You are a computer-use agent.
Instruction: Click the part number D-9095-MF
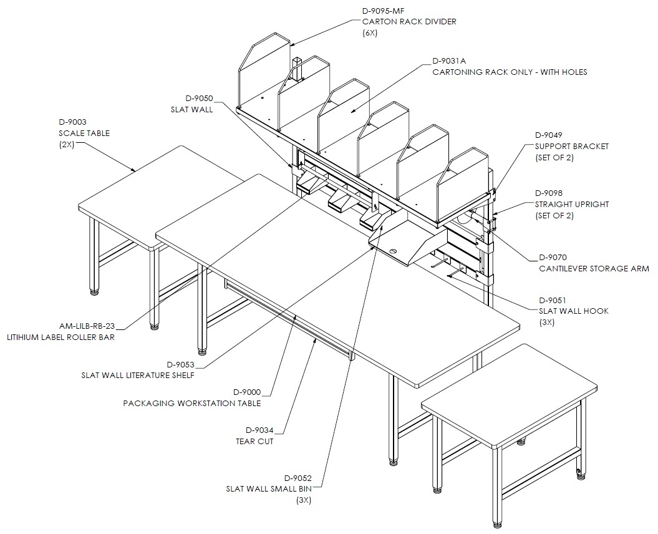tap(383, 11)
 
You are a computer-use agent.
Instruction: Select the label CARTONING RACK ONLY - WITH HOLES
tap(510, 72)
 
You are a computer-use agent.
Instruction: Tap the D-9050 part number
tap(200, 99)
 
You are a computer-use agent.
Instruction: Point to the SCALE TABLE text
tap(84, 133)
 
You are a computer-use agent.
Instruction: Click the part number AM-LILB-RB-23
tap(87, 326)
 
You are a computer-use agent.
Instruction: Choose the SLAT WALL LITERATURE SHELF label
tap(138, 376)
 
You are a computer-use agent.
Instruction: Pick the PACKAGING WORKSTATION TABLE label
tap(191, 404)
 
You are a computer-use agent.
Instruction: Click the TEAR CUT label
tap(254, 442)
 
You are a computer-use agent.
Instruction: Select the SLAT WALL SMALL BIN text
tap(269, 489)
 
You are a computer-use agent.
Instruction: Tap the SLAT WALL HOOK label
tap(574, 311)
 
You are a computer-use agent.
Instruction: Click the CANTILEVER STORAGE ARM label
tap(594, 269)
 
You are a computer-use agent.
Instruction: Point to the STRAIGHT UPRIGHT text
tap(571, 205)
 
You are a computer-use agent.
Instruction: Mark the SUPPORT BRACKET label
tap(571, 147)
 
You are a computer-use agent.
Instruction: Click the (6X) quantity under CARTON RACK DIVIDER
tap(370, 32)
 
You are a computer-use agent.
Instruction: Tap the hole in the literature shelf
tap(393, 251)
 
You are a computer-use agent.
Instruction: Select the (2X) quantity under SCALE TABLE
tap(66, 144)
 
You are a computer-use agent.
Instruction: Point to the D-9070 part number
tap(553, 258)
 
